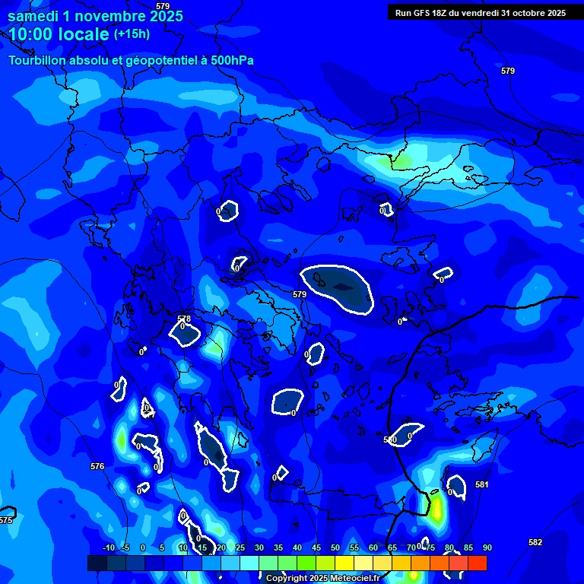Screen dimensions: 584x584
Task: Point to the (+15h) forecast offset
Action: pos(132,33)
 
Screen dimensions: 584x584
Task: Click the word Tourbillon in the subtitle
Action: pos(39,60)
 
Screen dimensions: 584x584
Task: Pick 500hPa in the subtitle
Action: pos(227,60)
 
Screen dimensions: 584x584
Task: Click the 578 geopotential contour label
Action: pos(184,319)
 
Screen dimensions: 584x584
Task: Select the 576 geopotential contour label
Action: pos(97,466)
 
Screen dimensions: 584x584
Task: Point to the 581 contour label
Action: pos(482,484)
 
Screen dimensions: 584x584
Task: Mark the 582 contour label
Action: pos(535,542)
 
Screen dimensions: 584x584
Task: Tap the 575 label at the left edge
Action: pos(5,520)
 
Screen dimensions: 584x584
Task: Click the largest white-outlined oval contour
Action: pos(338,287)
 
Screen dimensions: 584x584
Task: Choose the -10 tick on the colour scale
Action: pos(109,547)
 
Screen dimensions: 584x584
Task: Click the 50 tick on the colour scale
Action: pos(335,547)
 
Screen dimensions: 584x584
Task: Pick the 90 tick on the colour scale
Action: pos(487,547)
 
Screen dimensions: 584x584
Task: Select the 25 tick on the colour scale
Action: pos(240,547)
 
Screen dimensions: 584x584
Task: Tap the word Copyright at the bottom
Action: pos(287,579)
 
